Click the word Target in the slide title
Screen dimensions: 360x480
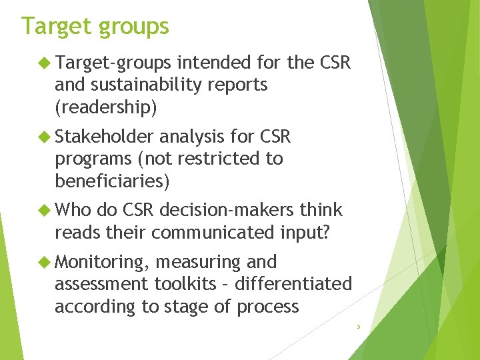(56, 26)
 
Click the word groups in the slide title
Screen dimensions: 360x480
(133, 27)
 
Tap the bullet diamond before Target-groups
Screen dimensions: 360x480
(45, 63)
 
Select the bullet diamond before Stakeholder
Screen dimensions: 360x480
(45, 137)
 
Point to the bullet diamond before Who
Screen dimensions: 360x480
(45, 211)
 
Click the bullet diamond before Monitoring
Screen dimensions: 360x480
(45, 262)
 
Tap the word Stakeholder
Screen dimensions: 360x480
(105, 137)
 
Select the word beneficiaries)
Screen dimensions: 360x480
(112, 181)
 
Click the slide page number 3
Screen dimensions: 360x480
(358, 327)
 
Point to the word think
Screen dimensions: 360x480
(321, 211)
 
